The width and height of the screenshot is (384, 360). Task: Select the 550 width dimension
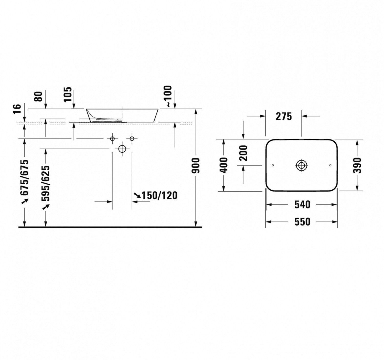coord(302,222)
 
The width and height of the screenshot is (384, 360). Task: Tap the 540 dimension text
coord(302,205)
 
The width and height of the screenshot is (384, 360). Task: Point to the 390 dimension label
coord(357,165)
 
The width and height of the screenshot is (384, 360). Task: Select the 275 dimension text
coord(284,117)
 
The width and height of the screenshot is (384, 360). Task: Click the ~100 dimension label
coord(169,96)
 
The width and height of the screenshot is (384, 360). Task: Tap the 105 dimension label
coord(68,94)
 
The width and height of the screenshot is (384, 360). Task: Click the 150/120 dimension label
coord(159,196)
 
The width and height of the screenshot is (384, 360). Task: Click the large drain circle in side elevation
coord(122,149)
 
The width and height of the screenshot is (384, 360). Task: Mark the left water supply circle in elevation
coord(112,139)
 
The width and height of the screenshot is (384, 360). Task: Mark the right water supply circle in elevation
coord(132,139)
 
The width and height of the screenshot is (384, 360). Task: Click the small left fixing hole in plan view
coord(272,165)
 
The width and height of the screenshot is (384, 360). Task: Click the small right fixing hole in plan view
coord(330,165)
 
